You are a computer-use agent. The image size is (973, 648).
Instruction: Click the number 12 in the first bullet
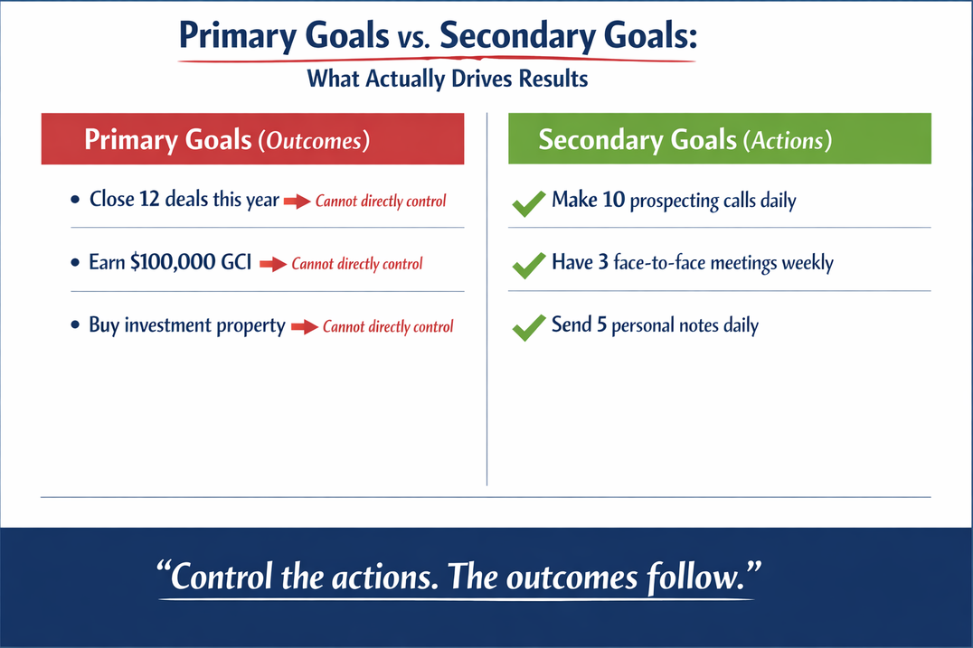point(150,200)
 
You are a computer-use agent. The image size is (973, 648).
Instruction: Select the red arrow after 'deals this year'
point(297,202)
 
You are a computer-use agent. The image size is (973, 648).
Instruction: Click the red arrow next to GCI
point(273,265)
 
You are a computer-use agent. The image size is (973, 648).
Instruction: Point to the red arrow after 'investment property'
point(305,327)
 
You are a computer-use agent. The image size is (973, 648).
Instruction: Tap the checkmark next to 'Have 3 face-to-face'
point(528,266)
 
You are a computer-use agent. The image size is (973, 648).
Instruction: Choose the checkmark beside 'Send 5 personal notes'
point(528,328)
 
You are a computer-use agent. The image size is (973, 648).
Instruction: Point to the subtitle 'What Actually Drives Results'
point(448,79)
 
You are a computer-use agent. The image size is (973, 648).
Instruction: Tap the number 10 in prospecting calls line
point(613,200)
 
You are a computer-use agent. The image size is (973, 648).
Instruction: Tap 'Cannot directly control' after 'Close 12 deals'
point(381,202)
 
